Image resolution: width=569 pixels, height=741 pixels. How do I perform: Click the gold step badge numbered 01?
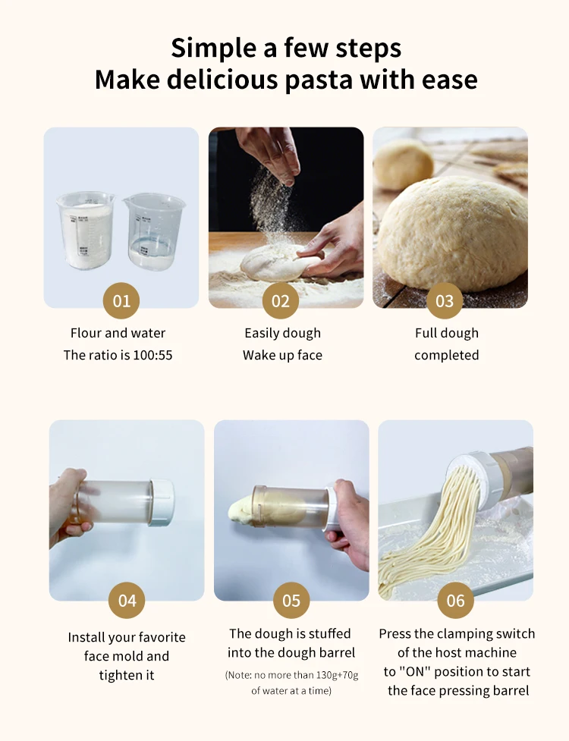[x=121, y=301]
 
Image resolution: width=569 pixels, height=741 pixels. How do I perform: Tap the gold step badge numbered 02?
[x=281, y=301]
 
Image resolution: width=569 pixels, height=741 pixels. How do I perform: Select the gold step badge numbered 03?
[x=445, y=301]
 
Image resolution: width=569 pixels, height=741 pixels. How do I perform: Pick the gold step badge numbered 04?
[x=127, y=601]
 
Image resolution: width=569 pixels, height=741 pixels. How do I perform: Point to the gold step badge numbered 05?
[x=291, y=601]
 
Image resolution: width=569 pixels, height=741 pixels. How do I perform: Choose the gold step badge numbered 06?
[x=455, y=601]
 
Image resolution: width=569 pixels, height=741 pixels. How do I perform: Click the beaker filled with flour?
[x=86, y=231]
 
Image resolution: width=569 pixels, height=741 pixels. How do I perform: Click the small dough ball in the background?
[x=403, y=163]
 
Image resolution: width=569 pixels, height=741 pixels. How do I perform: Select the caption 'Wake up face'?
[x=282, y=355]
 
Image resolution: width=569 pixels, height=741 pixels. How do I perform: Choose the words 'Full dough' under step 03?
[x=446, y=333]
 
